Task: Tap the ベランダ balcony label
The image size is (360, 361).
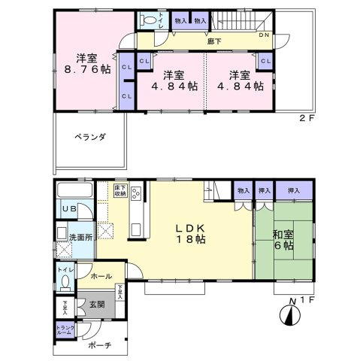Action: coord(89,137)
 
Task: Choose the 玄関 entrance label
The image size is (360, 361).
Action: coord(97,305)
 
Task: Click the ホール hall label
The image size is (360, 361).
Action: coord(101,277)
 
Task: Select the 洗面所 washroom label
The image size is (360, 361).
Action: coord(80,235)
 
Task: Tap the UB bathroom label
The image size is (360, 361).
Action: coord(68,209)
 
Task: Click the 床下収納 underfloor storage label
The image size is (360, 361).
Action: coord(119,191)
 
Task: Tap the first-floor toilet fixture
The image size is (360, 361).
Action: coord(66,281)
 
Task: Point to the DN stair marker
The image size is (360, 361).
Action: coord(265,35)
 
